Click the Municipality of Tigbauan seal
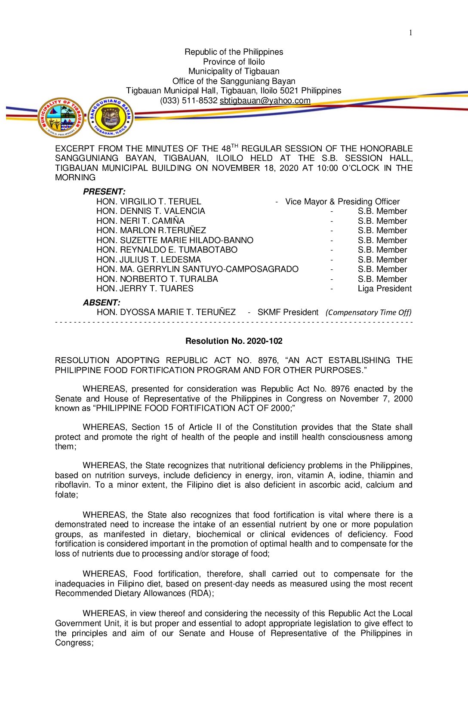click(62, 117)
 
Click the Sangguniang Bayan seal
click(111, 117)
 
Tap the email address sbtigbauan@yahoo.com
click(265, 101)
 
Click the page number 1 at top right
click(410, 33)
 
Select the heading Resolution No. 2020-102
click(234, 341)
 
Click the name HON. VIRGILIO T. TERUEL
click(148, 202)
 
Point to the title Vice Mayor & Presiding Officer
click(342, 202)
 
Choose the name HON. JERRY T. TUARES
click(145, 289)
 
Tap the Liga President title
click(385, 289)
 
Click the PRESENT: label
click(104, 192)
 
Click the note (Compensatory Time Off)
click(368, 312)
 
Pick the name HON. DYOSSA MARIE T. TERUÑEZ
click(166, 312)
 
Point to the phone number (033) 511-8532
click(189, 101)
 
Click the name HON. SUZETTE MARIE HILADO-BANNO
click(175, 241)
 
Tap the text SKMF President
click(288, 312)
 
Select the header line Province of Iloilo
click(234, 62)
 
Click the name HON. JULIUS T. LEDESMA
click(148, 260)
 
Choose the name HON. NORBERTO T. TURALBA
click(157, 279)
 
